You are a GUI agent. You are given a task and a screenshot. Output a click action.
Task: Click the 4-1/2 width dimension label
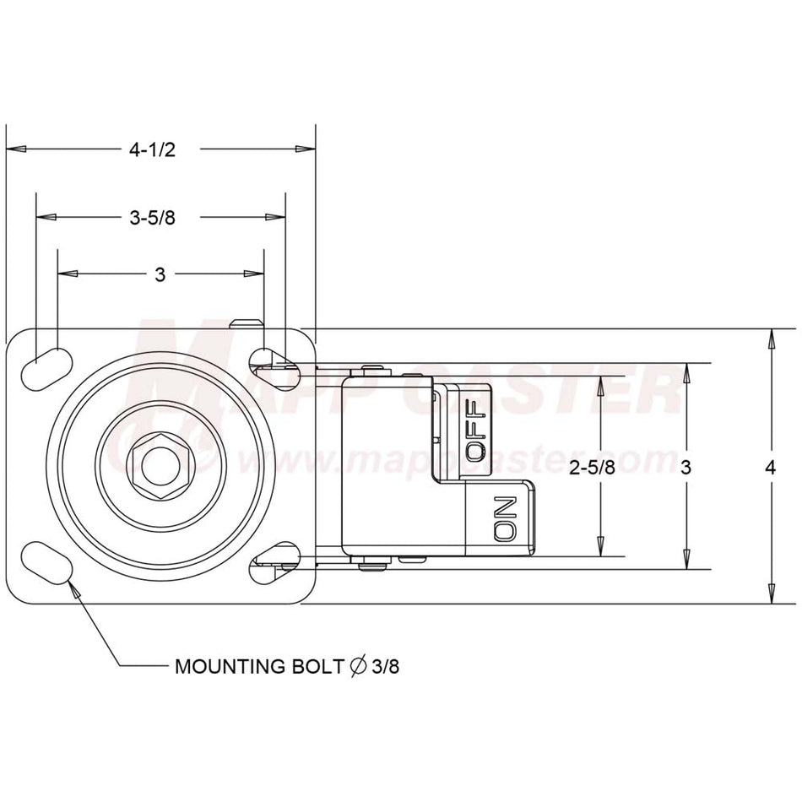click(x=153, y=149)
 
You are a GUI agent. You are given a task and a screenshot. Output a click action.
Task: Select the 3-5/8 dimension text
click(x=153, y=218)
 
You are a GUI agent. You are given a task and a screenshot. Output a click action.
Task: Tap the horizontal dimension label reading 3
click(x=160, y=274)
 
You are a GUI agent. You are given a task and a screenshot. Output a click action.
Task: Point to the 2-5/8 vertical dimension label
click(x=593, y=467)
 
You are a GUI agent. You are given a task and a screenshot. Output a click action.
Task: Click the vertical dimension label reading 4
click(x=770, y=467)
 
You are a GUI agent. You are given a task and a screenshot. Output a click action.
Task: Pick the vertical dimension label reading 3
click(x=685, y=467)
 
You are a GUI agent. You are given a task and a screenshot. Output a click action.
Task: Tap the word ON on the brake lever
click(x=506, y=518)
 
